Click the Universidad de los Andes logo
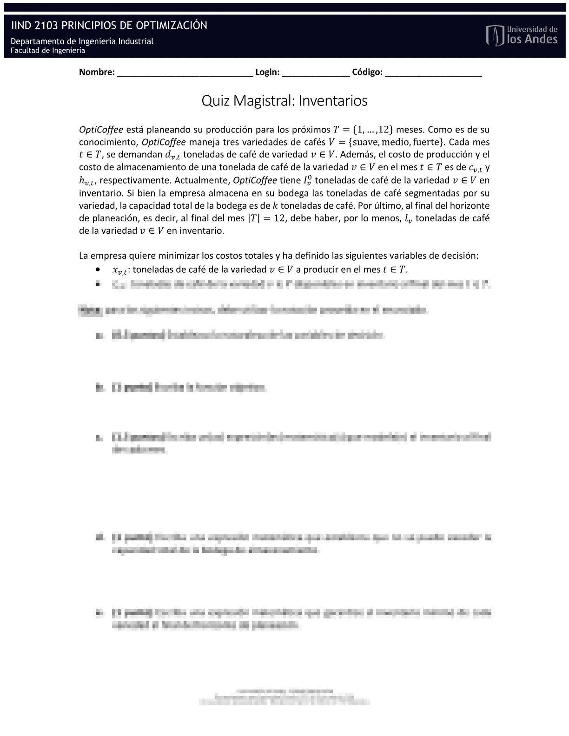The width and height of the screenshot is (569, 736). coord(522,35)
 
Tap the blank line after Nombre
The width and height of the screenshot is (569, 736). coord(185,72)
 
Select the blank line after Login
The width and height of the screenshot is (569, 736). coord(316,72)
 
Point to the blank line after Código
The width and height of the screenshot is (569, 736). coord(433,72)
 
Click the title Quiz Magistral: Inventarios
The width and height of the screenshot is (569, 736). coord(284,101)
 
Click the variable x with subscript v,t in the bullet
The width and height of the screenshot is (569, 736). coord(119,270)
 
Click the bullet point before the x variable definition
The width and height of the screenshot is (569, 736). coord(98,269)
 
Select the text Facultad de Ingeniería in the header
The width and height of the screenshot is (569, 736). coord(48,51)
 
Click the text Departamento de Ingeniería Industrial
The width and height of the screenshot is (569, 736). coord(82,41)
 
